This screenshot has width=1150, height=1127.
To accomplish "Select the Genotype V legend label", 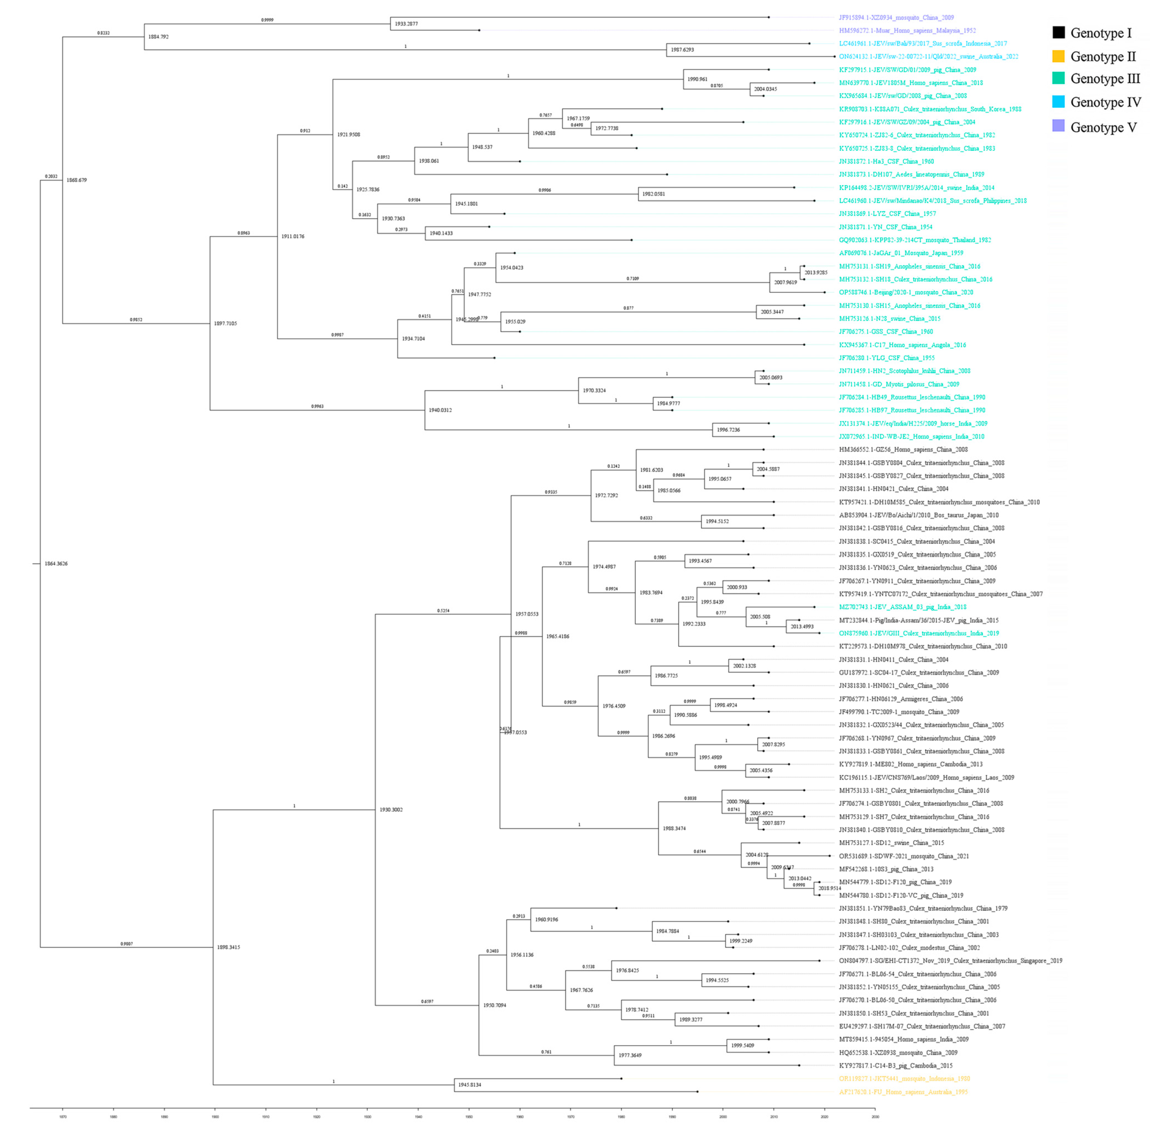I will pos(1103,127).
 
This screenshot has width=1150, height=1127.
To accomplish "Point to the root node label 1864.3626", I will pos(56,564).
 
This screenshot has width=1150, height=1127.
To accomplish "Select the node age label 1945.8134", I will pos(469,1085).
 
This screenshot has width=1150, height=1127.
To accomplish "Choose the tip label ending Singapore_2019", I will pos(950,961).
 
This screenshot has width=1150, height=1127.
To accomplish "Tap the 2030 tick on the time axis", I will pos(875,1116).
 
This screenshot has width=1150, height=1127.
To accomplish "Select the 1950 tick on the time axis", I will pos(469,1116).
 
